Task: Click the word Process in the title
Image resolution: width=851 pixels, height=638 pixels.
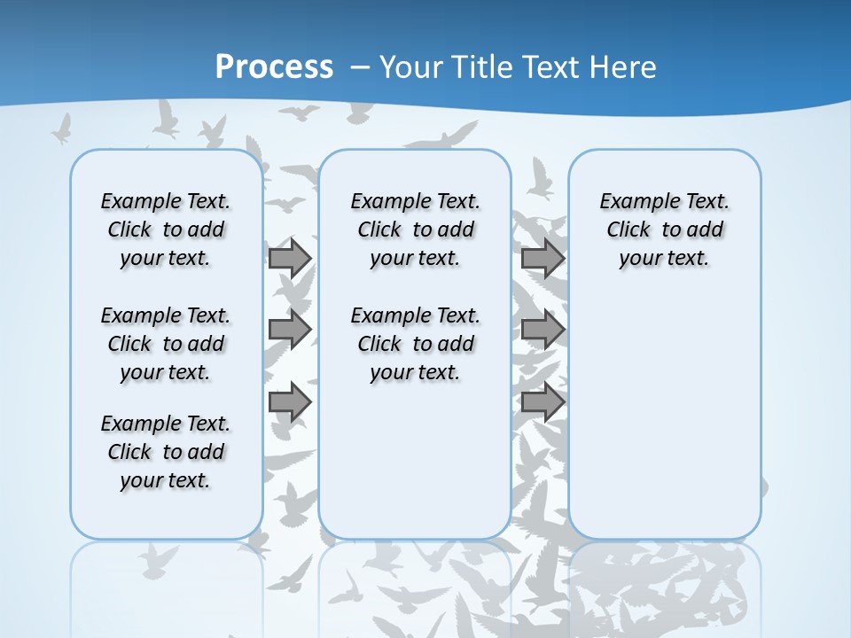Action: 274,67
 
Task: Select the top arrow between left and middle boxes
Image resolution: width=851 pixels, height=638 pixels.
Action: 289,258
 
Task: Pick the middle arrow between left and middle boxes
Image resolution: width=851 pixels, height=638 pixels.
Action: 289,330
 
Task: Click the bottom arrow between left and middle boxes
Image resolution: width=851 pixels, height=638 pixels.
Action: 289,402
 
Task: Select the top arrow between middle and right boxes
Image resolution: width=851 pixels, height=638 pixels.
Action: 542,258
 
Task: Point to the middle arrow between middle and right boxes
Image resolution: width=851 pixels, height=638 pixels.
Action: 542,330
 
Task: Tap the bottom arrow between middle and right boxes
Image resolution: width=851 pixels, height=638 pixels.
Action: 542,402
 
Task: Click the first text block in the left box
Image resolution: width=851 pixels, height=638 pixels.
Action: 166,230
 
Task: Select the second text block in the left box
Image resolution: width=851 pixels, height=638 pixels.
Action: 166,344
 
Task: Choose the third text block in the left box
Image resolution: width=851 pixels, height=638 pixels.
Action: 166,452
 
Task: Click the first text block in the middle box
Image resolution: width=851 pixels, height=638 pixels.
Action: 416,230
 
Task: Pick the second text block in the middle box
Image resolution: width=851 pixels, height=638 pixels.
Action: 416,344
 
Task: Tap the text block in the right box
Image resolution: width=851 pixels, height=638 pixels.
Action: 665,230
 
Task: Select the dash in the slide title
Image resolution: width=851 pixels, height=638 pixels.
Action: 360,67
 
